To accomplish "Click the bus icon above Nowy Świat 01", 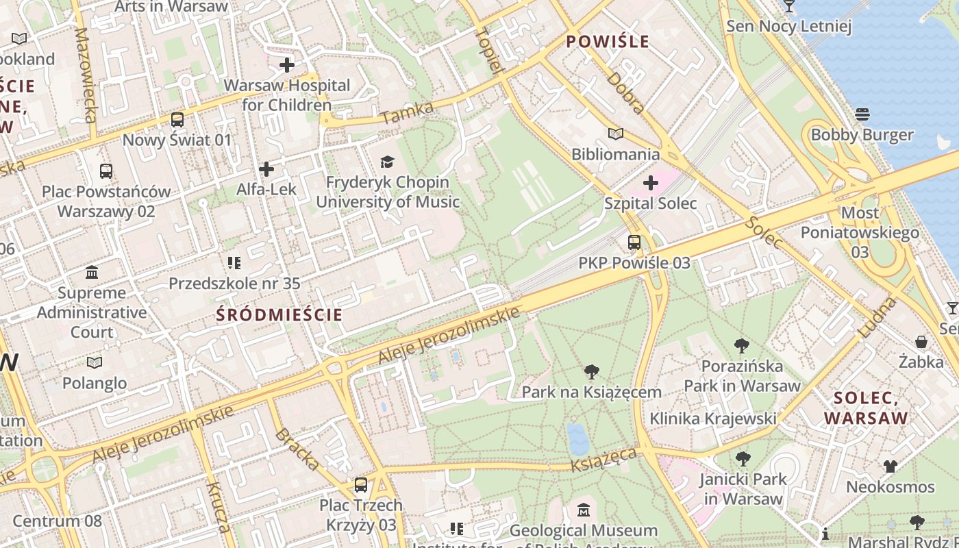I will pos(177,120).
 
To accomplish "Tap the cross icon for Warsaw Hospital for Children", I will pos(287,65).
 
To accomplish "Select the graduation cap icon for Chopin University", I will pos(388,162).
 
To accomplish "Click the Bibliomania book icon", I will pos(616,134).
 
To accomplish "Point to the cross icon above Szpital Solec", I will pos(651,183).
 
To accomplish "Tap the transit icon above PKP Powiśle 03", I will pos(634,242).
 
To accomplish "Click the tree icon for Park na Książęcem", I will pos(592,372).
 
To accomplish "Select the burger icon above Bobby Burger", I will pos(862,114).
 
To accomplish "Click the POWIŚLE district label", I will pos(608,42).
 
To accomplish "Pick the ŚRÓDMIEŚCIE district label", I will pos(279,315).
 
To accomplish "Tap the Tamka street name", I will pos(408,113).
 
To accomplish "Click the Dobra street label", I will pos(625,92).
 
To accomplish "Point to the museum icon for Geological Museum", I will pos(584,510).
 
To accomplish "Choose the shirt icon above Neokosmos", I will pos(890,466).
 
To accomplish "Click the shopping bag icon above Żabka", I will pos(921,341).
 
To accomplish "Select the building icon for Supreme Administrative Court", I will pos(92,273).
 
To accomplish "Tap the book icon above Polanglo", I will pos(95,362).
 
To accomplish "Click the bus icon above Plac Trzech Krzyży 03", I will pos(360,485).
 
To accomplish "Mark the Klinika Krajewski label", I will pos(712,419).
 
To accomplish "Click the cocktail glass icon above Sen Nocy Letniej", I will pos(789,6).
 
